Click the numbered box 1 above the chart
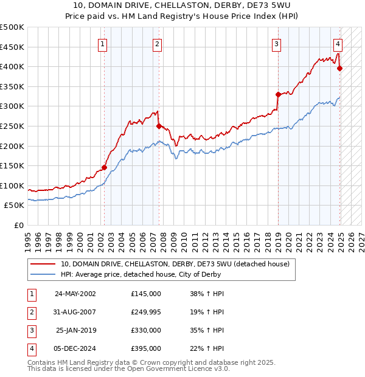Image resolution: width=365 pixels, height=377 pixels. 102,44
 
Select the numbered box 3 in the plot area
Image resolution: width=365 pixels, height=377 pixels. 276,44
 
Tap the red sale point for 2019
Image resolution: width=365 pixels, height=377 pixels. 278,94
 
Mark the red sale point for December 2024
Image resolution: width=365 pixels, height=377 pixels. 339,68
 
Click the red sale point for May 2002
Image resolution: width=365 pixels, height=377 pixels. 104,167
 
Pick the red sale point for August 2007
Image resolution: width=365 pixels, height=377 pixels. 159,126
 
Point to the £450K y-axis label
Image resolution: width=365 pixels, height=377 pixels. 12,47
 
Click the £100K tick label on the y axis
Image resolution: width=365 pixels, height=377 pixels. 12,185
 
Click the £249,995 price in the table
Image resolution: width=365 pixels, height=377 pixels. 146,313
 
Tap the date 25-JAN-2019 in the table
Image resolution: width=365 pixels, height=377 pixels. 75,330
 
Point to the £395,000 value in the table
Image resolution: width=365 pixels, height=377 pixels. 146,348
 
